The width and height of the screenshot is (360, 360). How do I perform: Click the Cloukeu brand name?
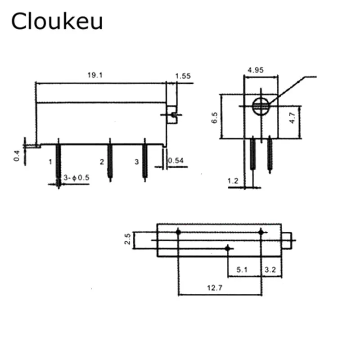(57, 22)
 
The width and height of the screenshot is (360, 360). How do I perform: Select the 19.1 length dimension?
(95, 76)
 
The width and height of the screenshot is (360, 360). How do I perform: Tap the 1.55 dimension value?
(183, 76)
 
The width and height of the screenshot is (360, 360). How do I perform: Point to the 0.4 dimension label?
(17, 156)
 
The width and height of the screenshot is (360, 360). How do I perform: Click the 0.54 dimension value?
(176, 161)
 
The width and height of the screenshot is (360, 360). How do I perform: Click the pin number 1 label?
(50, 161)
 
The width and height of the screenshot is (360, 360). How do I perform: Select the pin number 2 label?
(102, 161)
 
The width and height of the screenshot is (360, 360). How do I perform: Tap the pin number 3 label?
(137, 161)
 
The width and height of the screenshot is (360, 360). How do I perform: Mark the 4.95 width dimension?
(255, 70)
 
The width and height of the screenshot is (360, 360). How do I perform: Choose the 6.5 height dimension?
(215, 117)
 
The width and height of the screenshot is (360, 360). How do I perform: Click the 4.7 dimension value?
(292, 117)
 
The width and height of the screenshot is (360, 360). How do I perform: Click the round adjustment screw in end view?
(261, 106)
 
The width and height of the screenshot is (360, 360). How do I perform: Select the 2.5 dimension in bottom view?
(128, 239)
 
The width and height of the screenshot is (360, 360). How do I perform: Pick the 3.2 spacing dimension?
(270, 270)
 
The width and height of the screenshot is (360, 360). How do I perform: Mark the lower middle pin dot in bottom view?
(229, 248)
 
